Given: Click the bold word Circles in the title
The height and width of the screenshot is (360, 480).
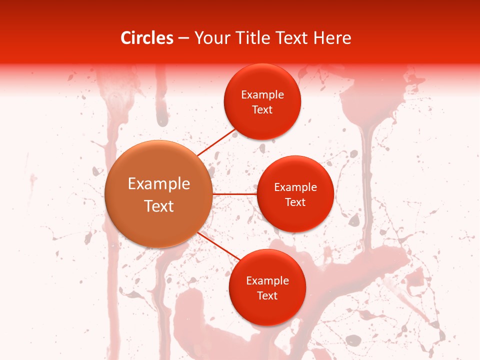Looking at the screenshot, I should tap(146, 38).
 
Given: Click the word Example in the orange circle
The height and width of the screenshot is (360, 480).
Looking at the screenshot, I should tap(159, 184).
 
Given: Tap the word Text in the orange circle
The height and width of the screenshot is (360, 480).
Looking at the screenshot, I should tap(159, 206).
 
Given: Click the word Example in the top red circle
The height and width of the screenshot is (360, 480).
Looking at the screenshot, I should tap(262, 95).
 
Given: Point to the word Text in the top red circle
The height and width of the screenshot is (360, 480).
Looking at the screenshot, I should tap(262, 110).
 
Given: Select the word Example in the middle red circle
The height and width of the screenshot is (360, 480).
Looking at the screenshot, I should tap(295, 187).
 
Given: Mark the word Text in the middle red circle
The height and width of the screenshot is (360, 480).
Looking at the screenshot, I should tap(295, 202).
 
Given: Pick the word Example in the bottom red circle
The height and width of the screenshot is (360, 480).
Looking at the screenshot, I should tap(267, 281).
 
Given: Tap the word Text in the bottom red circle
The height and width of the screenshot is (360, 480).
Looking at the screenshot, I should tap(267, 296).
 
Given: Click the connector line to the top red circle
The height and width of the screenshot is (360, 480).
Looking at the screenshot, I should tap(216, 142).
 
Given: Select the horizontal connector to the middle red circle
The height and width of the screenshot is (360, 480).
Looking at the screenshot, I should tap(234, 194).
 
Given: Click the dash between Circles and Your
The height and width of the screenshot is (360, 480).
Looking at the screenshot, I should tap(183, 38).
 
